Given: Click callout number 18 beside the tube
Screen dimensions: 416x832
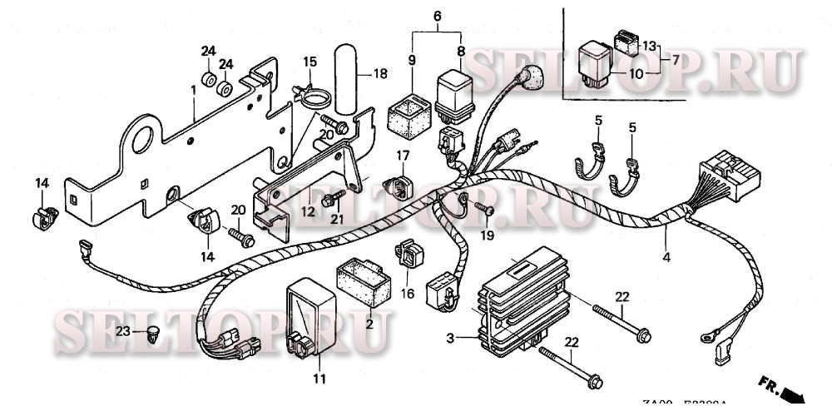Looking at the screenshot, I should [x=380, y=73].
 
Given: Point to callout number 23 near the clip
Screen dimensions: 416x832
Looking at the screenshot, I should [x=122, y=331].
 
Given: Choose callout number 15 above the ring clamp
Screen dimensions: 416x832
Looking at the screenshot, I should [x=310, y=62].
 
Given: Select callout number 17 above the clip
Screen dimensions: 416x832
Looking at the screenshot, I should [x=404, y=155].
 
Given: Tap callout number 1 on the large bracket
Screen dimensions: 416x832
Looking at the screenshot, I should [x=193, y=88].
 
